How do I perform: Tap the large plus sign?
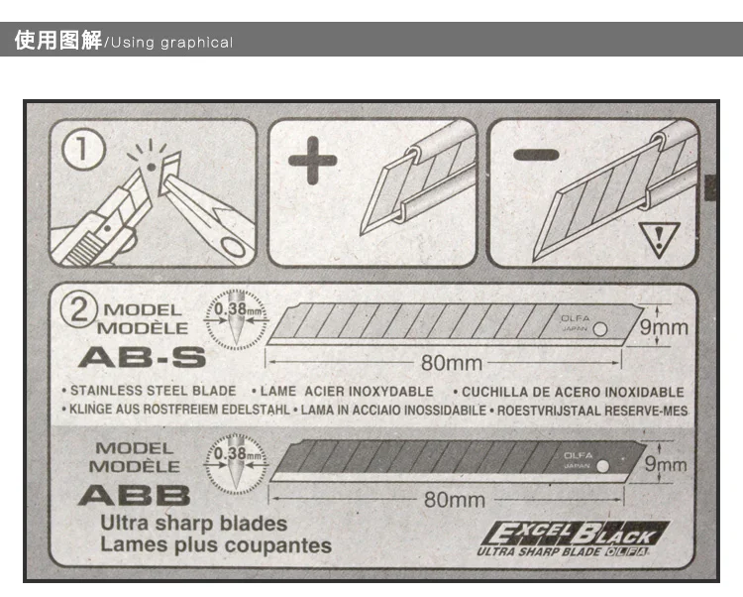point(313,162)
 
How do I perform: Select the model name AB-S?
point(142,355)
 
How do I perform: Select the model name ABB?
point(134,493)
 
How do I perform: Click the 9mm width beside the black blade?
point(664,463)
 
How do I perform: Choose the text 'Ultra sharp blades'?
point(193,523)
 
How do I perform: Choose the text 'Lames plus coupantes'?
point(215,544)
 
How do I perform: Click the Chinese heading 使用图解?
point(58,42)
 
